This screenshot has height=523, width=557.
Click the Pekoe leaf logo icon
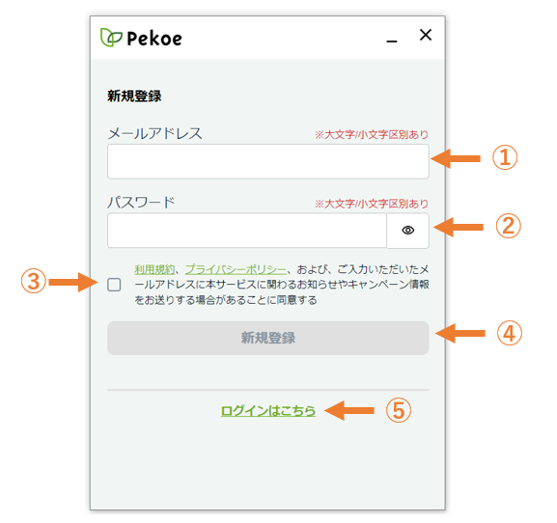tap(111, 38)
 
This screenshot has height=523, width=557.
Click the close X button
tap(425, 35)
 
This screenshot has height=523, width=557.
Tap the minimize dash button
tap(392, 41)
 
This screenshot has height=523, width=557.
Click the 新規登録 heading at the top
tap(134, 96)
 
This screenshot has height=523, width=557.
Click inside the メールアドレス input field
tap(267, 161)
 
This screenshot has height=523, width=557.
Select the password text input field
tap(247, 231)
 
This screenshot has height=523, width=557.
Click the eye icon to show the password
tap(407, 231)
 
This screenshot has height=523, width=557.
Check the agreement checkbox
tap(114, 285)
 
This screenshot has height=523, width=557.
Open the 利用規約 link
tap(154, 269)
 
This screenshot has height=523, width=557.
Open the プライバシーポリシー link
tap(236, 269)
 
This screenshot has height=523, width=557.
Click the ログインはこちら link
tap(267, 411)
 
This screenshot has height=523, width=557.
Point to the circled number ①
tap(505, 157)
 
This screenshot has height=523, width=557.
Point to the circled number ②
tap(509, 226)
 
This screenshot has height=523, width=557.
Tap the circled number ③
tap(34, 281)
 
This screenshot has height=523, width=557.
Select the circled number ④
tap(510, 333)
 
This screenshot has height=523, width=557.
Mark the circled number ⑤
tap(399, 410)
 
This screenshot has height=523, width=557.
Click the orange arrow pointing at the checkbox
tap(72, 283)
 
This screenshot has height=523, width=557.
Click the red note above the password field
tap(372, 204)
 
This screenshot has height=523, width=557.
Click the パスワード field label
tap(141, 203)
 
